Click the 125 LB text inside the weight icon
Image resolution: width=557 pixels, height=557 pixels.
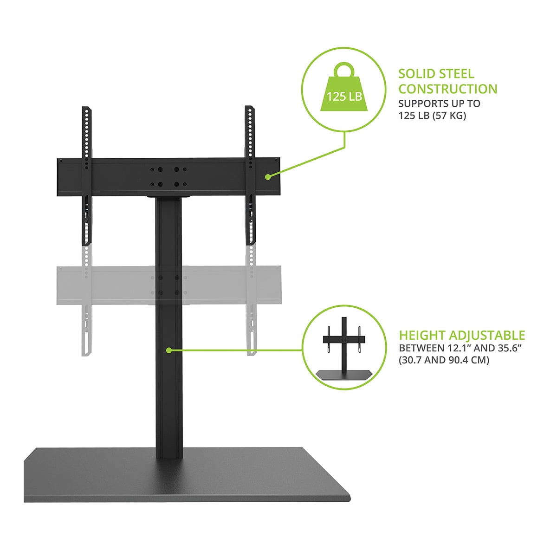(344, 96)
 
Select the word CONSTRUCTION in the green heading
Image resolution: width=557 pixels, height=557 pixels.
(448, 89)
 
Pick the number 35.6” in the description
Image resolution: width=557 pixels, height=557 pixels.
(509, 348)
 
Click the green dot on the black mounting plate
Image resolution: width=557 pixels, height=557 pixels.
(268, 177)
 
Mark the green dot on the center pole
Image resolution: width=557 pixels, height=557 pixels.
(169, 350)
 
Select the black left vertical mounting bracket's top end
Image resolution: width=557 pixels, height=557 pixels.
(86, 108)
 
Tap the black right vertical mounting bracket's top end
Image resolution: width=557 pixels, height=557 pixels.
(249, 107)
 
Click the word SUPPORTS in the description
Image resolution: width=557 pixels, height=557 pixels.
(419, 104)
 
